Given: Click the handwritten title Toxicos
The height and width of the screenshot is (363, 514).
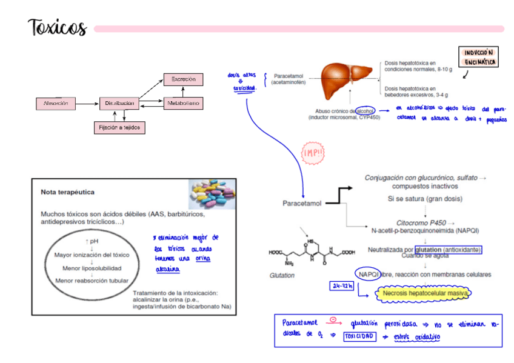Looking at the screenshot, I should [x=58, y=28].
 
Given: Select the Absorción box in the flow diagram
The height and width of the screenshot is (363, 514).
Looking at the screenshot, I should [x=59, y=104].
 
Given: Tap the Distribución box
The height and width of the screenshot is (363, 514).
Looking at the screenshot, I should [x=119, y=104].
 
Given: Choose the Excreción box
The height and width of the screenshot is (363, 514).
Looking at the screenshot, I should [x=183, y=79].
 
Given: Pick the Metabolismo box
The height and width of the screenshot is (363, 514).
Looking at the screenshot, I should [x=183, y=104].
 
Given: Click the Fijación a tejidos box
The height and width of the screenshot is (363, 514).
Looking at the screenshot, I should [x=119, y=127].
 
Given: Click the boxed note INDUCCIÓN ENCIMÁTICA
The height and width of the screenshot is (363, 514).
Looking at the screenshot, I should [x=479, y=58].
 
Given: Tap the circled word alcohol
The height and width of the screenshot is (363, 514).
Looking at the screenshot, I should [x=365, y=110].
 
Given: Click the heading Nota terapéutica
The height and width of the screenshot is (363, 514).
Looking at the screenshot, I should [x=67, y=192].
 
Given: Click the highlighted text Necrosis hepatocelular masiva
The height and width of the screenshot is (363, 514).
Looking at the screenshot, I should [x=426, y=294].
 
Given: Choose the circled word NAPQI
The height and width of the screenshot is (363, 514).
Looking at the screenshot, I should [x=368, y=274].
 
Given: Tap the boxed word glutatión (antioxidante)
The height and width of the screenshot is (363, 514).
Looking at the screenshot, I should [x=449, y=249].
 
